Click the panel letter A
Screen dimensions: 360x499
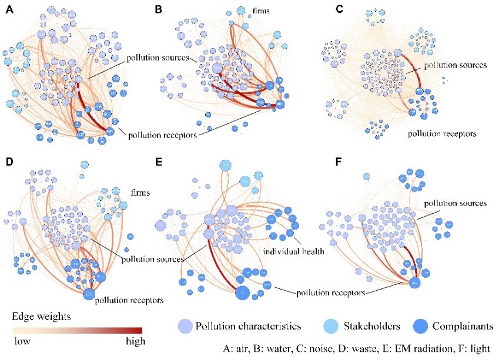coord(9,10)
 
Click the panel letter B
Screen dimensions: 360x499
coord(158,10)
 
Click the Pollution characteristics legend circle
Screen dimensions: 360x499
coord(185,325)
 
